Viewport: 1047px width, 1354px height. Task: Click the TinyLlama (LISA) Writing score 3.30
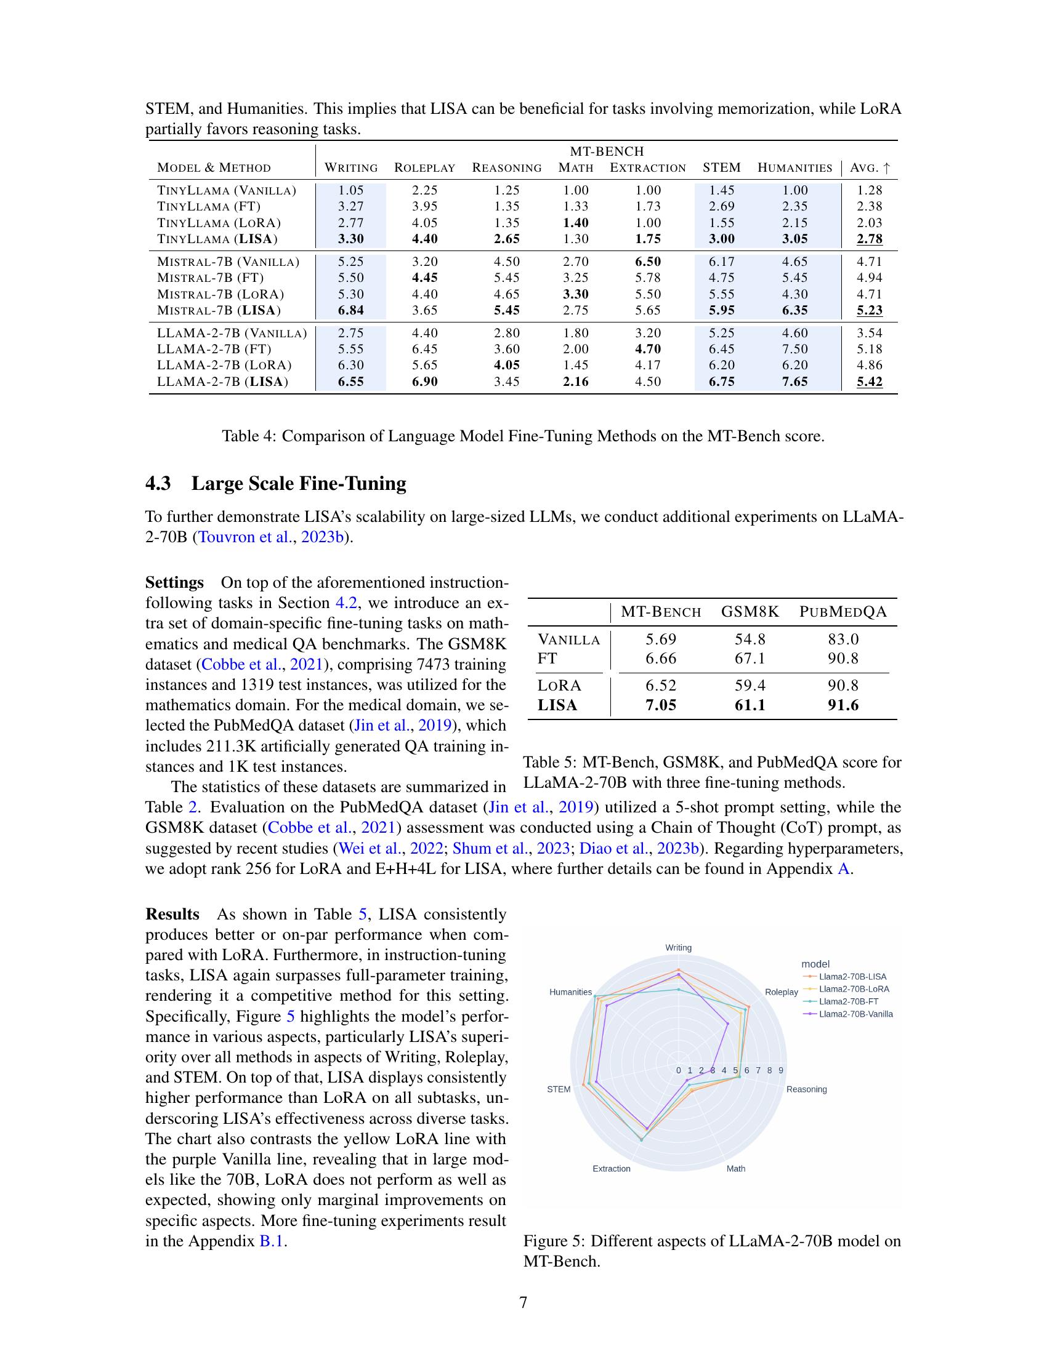tap(350, 239)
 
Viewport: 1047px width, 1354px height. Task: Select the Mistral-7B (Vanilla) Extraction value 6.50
tap(647, 262)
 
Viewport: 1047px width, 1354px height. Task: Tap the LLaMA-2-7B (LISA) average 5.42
tap(869, 382)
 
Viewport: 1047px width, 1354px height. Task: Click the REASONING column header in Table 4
tap(506, 168)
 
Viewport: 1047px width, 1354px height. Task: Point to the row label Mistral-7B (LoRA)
tap(220, 294)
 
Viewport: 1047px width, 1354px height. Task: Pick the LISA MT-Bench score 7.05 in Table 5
tap(661, 705)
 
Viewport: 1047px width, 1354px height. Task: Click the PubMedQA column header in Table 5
tap(843, 612)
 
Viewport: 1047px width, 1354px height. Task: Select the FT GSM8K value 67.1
tap(750, 659)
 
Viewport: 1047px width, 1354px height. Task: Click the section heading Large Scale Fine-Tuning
tap(298, 483)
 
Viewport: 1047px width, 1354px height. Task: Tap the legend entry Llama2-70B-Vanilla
tap(855, 1014)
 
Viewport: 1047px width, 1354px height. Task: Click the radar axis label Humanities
tap(570, 992)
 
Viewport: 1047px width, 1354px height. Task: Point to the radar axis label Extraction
tap(611, 1169)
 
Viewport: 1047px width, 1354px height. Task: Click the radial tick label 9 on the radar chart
tap(780, 1071)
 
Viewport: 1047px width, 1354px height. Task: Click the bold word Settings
tap(174, 583)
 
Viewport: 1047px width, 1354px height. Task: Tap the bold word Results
tap(172, 915)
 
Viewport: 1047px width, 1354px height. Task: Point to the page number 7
tap(523, 1302)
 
